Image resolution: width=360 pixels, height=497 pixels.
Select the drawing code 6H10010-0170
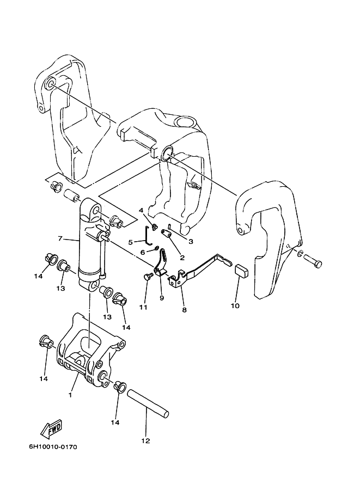53,447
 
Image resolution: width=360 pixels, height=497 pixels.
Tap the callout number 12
145,440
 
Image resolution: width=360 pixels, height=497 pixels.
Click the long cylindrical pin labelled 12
148,402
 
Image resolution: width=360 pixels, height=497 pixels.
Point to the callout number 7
60,238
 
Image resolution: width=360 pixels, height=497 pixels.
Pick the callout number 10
235,306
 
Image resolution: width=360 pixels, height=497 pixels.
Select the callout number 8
184,310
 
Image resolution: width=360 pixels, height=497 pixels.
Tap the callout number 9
162,298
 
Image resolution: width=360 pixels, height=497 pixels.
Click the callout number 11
143,308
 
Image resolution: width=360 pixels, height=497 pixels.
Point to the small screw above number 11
148,277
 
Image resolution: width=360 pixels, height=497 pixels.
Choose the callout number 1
70,395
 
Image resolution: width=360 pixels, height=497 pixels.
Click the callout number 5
130,242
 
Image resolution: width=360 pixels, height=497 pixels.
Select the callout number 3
191,242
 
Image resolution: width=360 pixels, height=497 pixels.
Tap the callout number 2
182,257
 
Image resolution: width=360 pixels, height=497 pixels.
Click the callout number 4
141,210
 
